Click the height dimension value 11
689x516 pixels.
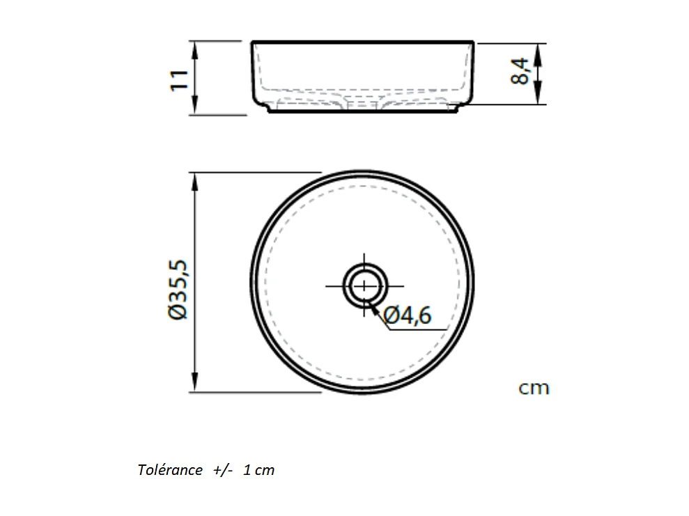click(x=180, y=78)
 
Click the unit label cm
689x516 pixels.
click(x=534, y=388)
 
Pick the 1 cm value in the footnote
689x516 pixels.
click(x=259, y=470)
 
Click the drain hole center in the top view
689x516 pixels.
click(x=364, y=286)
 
